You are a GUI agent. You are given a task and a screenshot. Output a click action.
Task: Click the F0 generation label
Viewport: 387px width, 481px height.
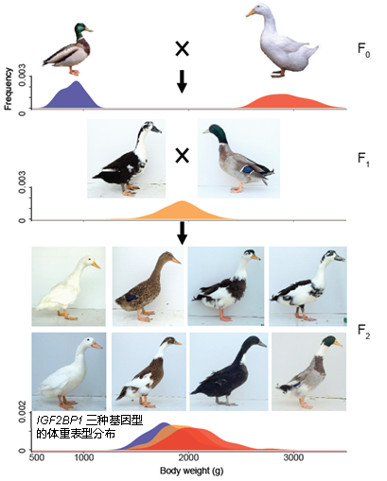pos(363,50)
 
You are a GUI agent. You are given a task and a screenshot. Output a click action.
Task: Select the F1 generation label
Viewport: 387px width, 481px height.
pos(363,159)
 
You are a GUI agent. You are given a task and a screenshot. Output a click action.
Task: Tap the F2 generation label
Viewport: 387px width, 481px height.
pos(363,332)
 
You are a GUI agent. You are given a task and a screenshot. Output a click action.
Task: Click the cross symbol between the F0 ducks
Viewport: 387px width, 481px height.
pos(182,49)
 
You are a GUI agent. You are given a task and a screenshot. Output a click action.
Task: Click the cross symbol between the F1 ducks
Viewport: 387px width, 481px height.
pos(182,156)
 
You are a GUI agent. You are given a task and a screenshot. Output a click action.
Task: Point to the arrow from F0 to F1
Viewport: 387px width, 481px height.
pos(182,81)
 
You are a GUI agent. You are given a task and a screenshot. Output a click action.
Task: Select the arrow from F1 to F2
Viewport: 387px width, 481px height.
pos(182,233)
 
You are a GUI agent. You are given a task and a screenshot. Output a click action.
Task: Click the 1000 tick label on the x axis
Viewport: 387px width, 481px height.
pos(84,457)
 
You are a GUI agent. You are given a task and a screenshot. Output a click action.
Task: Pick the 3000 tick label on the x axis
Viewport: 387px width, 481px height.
pos(293,457)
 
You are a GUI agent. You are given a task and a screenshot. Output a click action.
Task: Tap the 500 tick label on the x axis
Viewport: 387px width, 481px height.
pos(37,457)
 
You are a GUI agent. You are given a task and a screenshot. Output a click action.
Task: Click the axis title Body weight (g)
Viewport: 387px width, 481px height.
pos(191,471)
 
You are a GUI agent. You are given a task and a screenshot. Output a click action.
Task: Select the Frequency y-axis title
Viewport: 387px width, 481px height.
pos(9,89)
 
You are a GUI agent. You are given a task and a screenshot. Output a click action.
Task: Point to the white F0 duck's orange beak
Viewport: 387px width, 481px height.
pos(251,13)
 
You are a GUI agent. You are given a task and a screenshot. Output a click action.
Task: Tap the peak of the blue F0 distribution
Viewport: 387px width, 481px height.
pos(76,81)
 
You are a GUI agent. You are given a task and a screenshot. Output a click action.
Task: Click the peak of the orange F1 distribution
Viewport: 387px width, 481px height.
pos(183,201)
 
